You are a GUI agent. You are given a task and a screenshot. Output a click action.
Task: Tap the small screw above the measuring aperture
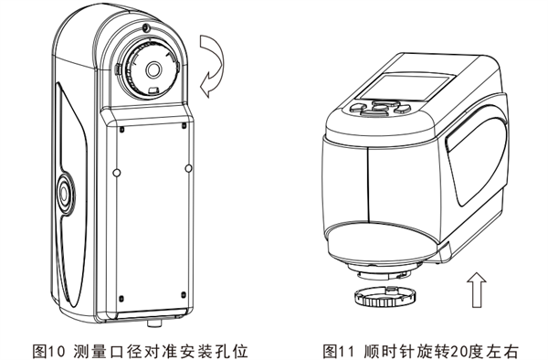(x=146, y=30)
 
